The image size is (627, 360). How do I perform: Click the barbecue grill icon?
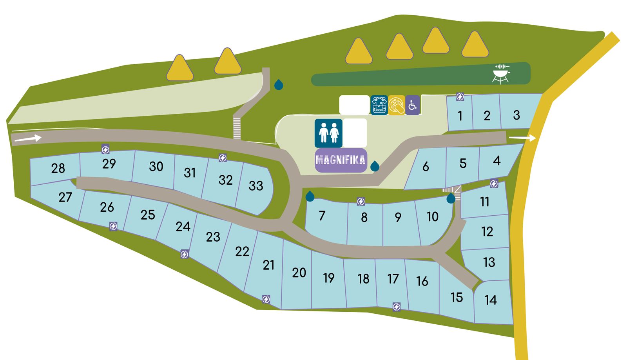[501, 74]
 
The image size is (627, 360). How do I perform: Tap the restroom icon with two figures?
[328, 133]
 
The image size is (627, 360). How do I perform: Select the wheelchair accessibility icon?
[412, 105]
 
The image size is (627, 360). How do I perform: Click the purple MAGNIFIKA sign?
[341, 160]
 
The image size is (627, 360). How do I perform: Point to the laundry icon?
[379, 105]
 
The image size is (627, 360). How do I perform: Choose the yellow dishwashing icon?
[396, 105]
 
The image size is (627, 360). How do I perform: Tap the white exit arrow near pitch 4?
[522, 138]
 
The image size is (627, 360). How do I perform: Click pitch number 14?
[491, 300]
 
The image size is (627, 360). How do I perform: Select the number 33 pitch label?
[256, 185]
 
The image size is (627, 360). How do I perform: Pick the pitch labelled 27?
[65, 197]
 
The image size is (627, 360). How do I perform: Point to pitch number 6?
[426, 167]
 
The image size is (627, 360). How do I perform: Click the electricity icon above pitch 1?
[460, 97]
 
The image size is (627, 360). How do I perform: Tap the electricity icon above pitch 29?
[105, 149]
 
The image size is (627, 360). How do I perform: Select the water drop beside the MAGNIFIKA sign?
[375, 166]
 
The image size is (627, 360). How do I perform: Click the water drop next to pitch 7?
[310, 196]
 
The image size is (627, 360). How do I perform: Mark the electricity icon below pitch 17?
[397, 307]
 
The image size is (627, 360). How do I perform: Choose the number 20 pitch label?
[299, 273]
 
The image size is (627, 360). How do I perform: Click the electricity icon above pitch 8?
[361, 202]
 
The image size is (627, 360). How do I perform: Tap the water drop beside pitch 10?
[451, 198]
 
